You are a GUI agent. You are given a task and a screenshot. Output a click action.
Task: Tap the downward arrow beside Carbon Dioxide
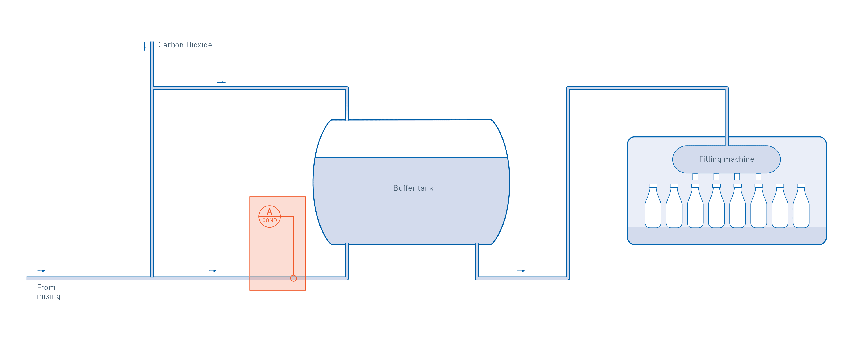click(144, 46)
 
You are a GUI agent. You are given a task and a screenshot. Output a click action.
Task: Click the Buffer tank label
click(413, 188)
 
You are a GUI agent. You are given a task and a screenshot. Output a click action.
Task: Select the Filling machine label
click(726, 159)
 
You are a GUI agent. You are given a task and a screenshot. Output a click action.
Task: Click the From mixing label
click(48, 292)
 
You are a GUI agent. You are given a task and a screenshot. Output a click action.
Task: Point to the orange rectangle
click(277, 235)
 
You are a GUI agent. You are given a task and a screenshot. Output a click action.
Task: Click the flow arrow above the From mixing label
click(42, 271)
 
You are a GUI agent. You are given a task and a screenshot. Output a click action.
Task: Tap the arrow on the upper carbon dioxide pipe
click(221, 82)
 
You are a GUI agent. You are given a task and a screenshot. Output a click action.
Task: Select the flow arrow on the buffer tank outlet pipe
click(522, 271)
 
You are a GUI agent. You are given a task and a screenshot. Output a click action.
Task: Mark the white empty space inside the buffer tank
click(411, 139)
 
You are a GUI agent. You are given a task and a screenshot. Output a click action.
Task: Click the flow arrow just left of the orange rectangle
click(213, 271)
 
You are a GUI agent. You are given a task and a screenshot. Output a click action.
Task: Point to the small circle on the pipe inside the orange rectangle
click(293, 278)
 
